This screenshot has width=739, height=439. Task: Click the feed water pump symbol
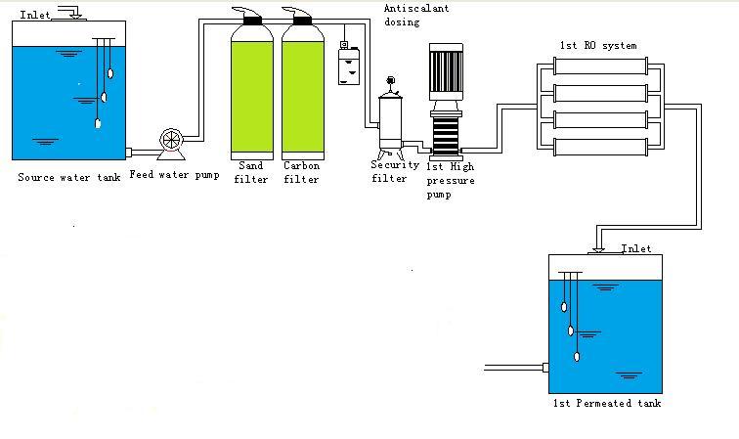(x=172, y=143)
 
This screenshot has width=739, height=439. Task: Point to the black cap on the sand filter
(x=249, y=17)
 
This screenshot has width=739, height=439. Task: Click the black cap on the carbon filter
(x=299, y=17)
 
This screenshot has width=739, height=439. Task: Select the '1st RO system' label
(x=597, y=45)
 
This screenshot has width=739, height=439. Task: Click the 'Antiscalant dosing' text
(x=414, y=14)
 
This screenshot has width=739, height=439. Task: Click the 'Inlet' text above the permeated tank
(x=636, y=249)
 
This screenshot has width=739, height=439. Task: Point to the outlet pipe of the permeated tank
(x=514, y=368)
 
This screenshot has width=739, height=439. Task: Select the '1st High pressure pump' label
(x=451, y=180)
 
